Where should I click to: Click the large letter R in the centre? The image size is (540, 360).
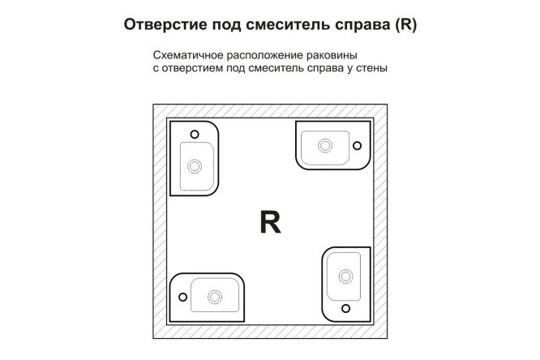270,221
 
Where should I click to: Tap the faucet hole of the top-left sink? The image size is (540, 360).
195,135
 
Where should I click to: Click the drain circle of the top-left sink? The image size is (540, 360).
195,165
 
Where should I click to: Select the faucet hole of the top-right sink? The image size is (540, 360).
355,146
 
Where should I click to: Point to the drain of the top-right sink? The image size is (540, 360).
325,146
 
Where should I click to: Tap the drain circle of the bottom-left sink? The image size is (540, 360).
215,295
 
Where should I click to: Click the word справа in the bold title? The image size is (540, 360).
355,25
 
